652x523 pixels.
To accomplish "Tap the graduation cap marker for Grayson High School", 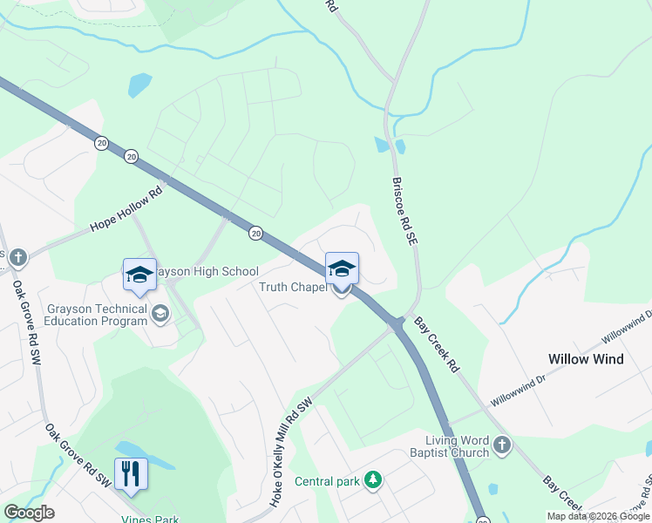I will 139,275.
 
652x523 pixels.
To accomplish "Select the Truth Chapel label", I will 293,287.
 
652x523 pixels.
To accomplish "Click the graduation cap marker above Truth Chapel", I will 342,268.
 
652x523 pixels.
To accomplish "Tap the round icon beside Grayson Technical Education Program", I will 160,313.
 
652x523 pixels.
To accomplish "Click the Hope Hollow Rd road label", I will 126,210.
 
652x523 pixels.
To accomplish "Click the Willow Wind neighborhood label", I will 585,359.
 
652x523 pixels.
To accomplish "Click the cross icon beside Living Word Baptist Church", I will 501,446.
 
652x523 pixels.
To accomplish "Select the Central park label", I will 327,480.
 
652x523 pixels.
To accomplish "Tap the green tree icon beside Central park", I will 373,479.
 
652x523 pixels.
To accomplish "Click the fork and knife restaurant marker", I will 131,473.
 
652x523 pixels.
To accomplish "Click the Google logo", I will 29,512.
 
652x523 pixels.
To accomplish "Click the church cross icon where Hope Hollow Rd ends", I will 18,257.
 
